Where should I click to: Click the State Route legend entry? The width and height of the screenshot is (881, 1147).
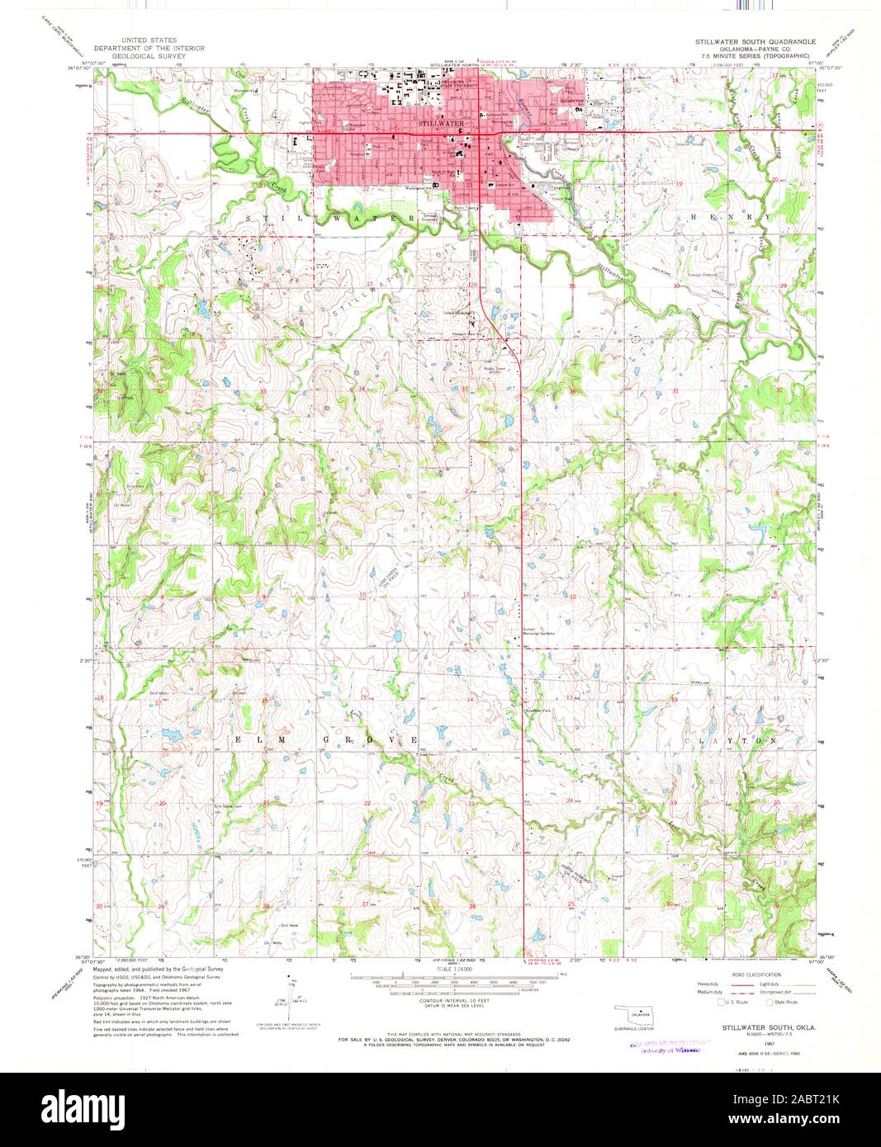pos(784,1002)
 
